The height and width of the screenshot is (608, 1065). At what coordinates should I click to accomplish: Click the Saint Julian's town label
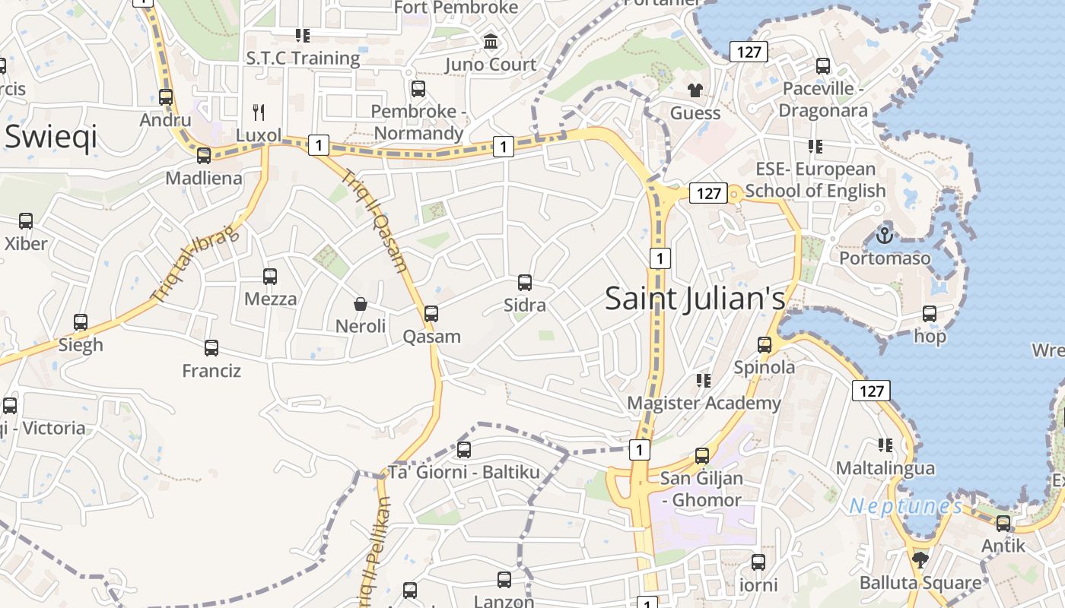point(695,299)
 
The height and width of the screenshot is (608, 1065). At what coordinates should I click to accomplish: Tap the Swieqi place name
point(51,138)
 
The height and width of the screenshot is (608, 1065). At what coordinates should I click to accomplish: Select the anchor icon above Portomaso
point(884,236)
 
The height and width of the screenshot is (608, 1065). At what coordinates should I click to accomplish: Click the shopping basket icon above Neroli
point(361,304)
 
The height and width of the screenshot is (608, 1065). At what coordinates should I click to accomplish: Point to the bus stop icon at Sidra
point(525,283)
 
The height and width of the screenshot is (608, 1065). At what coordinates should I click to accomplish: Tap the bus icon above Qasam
point(431,313)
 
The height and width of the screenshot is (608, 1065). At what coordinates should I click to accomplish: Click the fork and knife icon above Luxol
point(259,112)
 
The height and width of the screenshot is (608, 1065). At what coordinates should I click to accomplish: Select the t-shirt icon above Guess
point(695,90)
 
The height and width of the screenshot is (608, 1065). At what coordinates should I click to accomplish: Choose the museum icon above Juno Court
point(491,42)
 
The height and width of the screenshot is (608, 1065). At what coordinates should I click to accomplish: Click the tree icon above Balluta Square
point(920,560)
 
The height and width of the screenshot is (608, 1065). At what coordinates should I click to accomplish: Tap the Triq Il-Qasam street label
point(376,220)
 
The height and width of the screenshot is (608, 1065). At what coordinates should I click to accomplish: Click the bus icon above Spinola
point(765,344)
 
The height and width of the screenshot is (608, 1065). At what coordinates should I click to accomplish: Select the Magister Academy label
point(704,403)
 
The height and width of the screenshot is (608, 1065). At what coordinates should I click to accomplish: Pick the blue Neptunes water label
point(905,506)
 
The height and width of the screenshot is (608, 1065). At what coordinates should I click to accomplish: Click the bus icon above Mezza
point(270,276)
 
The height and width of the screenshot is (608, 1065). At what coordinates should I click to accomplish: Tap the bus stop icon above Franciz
point(211,348)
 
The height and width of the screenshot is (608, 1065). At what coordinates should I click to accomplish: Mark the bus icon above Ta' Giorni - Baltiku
point(464,449)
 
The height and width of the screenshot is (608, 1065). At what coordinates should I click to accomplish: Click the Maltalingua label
point(885,468)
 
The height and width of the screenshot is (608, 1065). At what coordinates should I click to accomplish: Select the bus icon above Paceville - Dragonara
point(823,66)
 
